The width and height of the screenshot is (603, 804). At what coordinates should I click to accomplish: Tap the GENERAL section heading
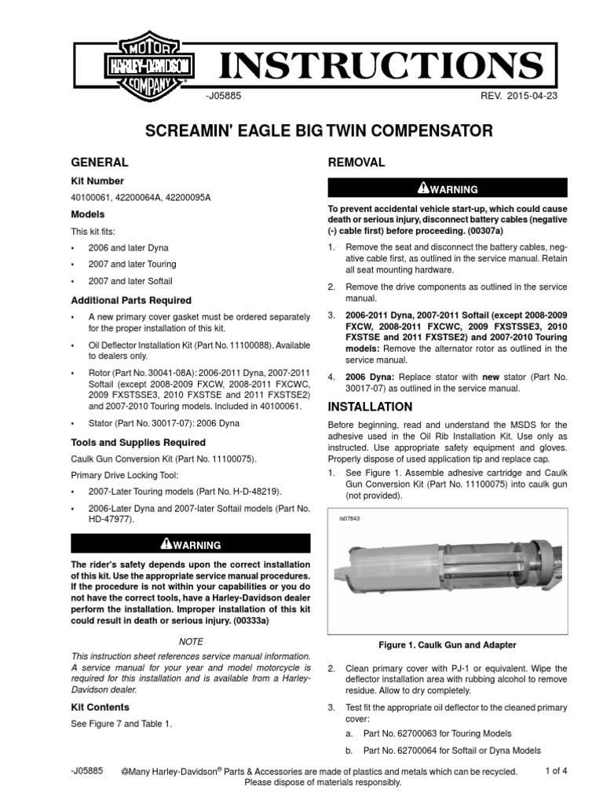[99, 163]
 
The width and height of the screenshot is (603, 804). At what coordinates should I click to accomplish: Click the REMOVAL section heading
[356, 163]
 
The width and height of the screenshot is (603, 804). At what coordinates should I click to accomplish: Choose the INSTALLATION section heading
[369, 407]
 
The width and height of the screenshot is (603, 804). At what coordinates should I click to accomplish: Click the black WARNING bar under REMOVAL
[447, 188]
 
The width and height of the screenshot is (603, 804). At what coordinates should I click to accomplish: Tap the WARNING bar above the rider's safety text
[191, 544]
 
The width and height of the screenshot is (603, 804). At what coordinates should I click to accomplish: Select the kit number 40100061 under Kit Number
[93, 197]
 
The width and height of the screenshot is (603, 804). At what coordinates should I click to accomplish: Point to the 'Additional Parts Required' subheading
[130, 300]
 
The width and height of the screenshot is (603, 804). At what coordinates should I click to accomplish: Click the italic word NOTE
[191, 641]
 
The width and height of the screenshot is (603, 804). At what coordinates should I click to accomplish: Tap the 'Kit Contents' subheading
[100, 707]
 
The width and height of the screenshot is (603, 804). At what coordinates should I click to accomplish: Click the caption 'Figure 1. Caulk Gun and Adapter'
[448, 645]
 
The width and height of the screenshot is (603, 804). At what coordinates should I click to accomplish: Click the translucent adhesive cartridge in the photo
[400, 577]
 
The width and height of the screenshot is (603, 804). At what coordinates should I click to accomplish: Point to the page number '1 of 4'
[556, 771]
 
